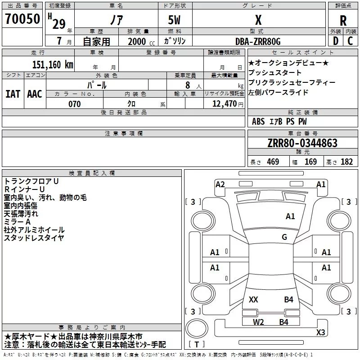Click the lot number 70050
(x=22, y=19)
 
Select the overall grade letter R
(x=343, y=21)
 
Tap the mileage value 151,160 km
(x=53, y=65)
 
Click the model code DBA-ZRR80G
(x=258, y=41)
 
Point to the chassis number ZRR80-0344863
(x=302, y=143)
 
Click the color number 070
(x=75, y=104)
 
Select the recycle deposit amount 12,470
(x=224, y=104)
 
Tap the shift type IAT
(x=13, y=94)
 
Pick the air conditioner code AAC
(x=35, y=94)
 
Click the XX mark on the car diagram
(x=253, y=300)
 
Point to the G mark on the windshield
(x=284, y=237)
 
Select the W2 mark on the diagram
(x=258, y=322)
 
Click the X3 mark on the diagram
(x=320, y=332)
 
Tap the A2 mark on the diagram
(x=220, y=184)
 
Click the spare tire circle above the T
(x=197, y=328)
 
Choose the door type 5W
(x=174, y=20)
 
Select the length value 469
(x=273, y=162)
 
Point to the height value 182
(x=346, y=162)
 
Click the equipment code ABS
(x=258, y=121)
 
